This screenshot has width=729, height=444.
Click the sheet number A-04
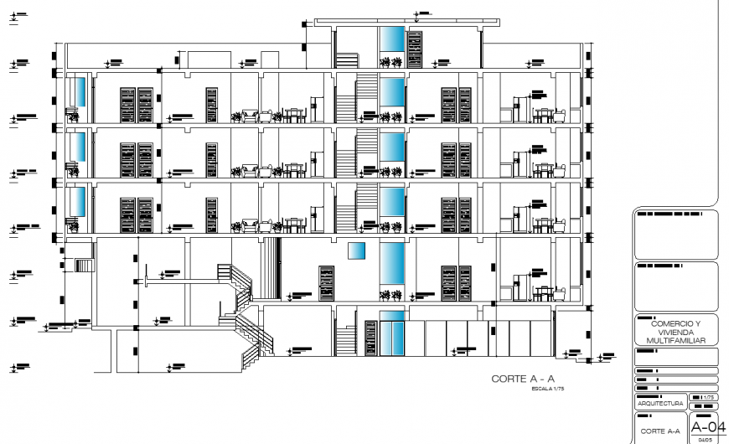(x=702, y=426)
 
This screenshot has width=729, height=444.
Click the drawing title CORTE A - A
(x=524, y=379)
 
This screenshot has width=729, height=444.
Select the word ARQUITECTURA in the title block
(x=660, y=404)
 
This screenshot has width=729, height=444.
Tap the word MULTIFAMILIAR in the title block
(x=675, y=341)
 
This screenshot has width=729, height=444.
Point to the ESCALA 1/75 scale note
(x=549, y=390)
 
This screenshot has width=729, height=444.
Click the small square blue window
(x=358, y=251)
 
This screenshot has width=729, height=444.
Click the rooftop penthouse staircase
(x=347, y=61)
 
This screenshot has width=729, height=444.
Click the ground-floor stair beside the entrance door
(x=347, y=341)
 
